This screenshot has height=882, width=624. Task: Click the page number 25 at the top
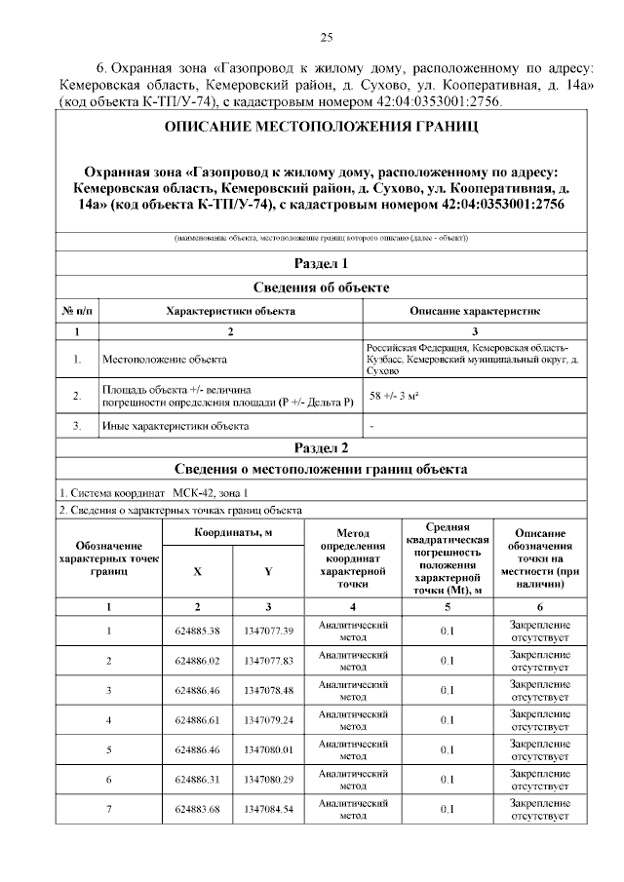click(x=327, y=38)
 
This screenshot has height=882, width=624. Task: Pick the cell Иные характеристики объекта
click(x=175, y=426)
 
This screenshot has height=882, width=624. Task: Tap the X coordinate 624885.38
click(x=197, y=631)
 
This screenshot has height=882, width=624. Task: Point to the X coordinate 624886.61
click(x=197, y=720)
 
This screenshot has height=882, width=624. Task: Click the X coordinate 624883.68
click(x=197, y=810)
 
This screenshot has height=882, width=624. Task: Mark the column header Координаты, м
click(x=232, y=533)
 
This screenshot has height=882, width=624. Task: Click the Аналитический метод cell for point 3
click(x=353, y=690)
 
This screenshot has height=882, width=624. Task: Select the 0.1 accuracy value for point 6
click(x=447, y=780)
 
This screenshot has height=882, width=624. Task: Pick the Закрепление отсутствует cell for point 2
click(x=540, y=661)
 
